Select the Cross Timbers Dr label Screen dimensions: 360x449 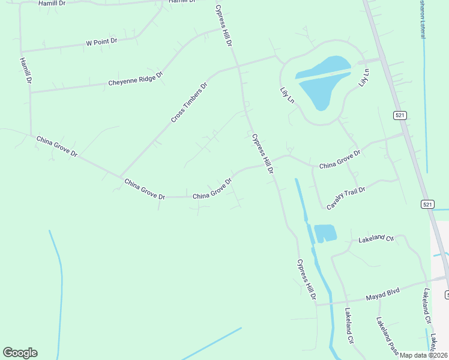pos(188,103)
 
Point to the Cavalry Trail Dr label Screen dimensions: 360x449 pos(346,197)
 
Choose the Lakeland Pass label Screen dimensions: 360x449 pos(388,335)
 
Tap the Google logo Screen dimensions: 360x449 pos(20,353)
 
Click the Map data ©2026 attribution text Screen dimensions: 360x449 pos(424,355)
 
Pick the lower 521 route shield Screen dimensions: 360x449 pos(427,205)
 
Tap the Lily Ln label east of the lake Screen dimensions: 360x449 pos(364,78)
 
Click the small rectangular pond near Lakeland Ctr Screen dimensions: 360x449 pos(325,233)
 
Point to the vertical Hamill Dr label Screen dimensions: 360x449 pos(25,70)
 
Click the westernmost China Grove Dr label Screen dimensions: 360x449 pos(57,146)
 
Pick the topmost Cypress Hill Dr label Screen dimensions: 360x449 pos(223,26)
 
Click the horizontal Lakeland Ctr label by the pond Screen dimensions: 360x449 pos(376,239)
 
